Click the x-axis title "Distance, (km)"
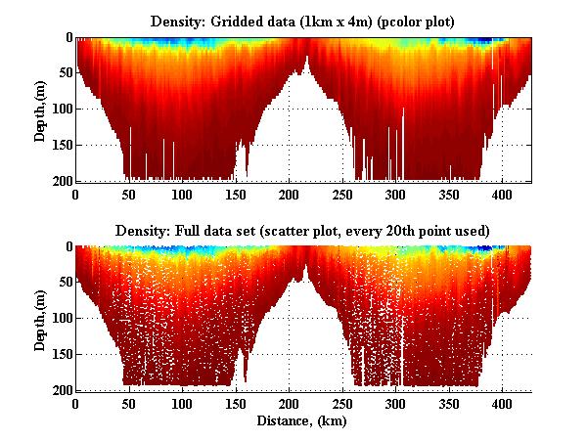[304, 421]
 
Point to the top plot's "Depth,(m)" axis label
[40, 110]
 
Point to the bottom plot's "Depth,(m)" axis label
[40, 319]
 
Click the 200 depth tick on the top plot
[62, 181]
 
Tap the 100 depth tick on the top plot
[62, 109]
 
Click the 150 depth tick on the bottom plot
[62, 354]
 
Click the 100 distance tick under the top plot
[182, 195]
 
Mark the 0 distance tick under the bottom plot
[75, 404]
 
